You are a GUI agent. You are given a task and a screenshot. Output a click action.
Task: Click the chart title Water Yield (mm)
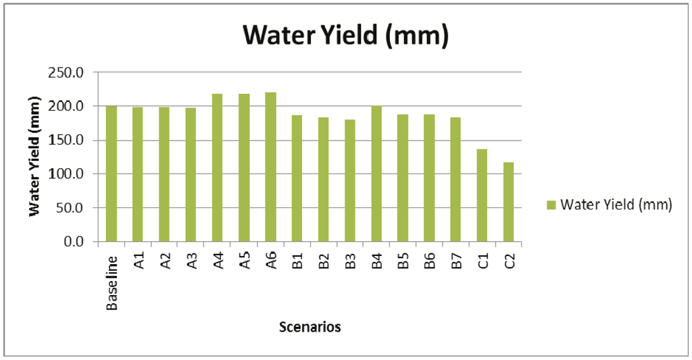pyautogui.click(x=345, y=35)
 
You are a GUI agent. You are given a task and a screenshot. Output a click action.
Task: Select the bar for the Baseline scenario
pyautogui.click(x=112, y=174)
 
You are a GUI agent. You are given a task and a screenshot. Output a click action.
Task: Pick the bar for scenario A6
pyautogui.click(x=270, y=167)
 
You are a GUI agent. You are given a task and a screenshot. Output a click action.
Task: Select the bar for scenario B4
pyautogui.click(x=376, y=174)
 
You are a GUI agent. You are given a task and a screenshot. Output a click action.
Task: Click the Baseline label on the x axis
pyautogui.click(x=112, y=282)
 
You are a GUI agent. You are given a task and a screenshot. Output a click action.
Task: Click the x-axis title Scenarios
pyautogui.click(x=310, y=328)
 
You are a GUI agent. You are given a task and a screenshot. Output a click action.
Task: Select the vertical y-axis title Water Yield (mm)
pyautogui.click(x=33, y=156)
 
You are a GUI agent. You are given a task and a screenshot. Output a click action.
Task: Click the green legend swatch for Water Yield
pyautogui.click(x=551, y=205)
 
